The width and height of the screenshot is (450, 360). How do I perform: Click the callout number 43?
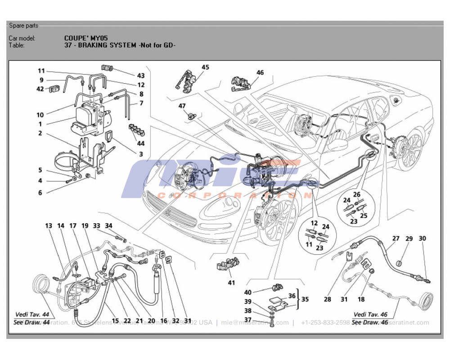click(x=141, y=76)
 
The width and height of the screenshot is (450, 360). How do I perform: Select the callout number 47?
click(x=182, y=106)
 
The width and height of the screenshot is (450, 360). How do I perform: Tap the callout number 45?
click(x=205, y=67)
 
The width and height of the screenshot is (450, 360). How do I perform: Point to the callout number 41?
click(x=231, y=283)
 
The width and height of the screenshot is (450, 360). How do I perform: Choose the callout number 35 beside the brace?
click(x=306, y=298)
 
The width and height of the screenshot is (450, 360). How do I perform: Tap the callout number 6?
click(x=40, y=193)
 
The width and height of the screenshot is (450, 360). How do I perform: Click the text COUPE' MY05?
click(x=86, y=38)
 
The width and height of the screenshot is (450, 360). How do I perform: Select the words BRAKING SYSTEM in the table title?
click(x=108, y=45)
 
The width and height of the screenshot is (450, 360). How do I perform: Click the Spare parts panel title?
click(x=24, y=26)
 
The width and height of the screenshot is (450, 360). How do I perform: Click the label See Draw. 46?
click(x=370, y=322)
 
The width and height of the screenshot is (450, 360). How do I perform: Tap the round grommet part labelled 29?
click(x=400, y=263)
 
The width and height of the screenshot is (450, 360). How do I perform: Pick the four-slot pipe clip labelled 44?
click(x=136, y=130)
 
